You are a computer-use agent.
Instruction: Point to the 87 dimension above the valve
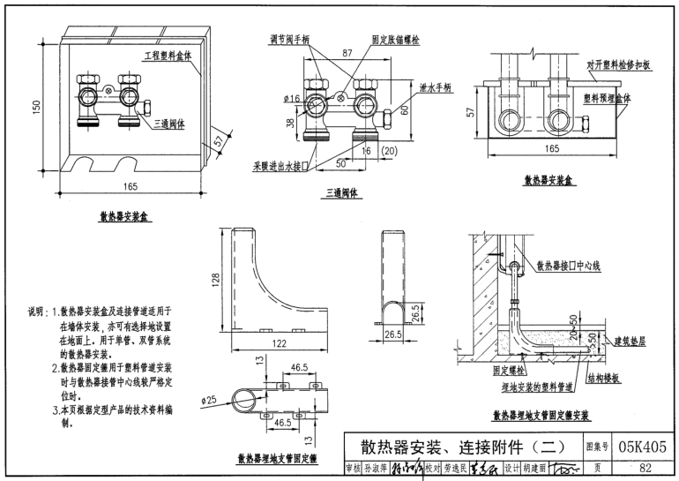[x=347, y=54]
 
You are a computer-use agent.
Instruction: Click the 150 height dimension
[x=36, y=107]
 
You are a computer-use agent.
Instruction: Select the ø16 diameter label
[x=292, y=99]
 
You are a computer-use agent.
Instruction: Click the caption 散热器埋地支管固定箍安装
[x=541, y=415]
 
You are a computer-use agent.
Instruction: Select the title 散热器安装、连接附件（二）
[x=459, y=447]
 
